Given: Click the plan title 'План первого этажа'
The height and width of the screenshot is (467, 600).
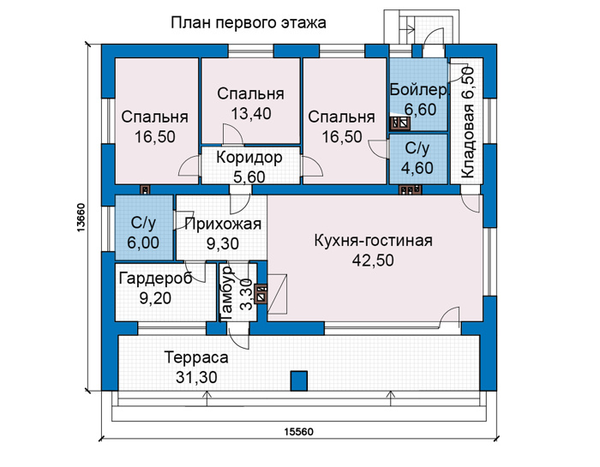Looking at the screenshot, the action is tap(249, 23).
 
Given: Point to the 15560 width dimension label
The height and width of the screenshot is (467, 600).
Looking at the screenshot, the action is tap(298, 432).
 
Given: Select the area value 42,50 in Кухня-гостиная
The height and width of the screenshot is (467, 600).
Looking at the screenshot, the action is tap(373, 260).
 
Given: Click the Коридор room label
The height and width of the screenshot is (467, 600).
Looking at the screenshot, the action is tap(249, 157).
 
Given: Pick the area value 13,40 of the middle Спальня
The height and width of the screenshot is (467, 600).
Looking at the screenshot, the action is tap(251, 113).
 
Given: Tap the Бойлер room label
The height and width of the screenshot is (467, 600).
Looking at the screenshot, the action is tap(418, 90).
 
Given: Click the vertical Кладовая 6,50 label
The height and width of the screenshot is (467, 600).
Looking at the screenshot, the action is tap(468, 123).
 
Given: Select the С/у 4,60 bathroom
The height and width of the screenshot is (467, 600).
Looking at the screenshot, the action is tap(418, 159).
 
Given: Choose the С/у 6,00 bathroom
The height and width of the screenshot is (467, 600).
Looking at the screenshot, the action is tap(143, 228).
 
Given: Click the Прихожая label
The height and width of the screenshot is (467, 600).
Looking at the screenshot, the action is tap(223, 225).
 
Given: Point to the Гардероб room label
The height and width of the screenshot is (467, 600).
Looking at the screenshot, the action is tap(155, 278).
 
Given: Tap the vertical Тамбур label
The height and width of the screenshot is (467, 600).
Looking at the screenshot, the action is tap(227, 293).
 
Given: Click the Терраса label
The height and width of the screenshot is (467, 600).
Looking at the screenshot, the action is tap(196, 357).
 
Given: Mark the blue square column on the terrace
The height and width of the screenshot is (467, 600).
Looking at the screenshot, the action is tap(299, 380).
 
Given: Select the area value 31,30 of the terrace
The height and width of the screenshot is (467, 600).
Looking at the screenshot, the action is tap(196, 378).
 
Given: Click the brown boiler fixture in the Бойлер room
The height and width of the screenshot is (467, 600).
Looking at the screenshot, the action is tap(400, 123).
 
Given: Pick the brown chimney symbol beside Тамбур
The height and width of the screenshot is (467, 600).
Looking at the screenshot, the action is tap(262, 293).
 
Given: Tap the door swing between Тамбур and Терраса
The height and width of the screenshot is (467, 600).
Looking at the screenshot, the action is tap(238, 335).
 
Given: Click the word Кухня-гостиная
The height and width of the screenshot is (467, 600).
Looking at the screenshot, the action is tap(374, 241).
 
